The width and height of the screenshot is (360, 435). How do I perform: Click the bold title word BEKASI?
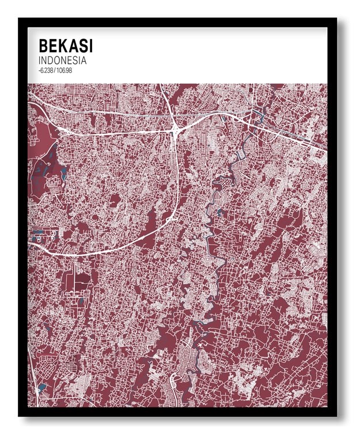[65, 45]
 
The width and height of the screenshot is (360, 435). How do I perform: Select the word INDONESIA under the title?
[62, 60]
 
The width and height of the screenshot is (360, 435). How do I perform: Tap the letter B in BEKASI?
[43, 45]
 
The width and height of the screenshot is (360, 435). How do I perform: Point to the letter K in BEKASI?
[64, 45]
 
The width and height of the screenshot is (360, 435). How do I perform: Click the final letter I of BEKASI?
[90, 45]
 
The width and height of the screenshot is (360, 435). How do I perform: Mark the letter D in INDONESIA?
[50, 60]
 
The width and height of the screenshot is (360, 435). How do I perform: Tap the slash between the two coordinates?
[55, 70]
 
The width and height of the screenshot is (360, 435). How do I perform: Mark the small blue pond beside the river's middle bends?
[221, 213]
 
